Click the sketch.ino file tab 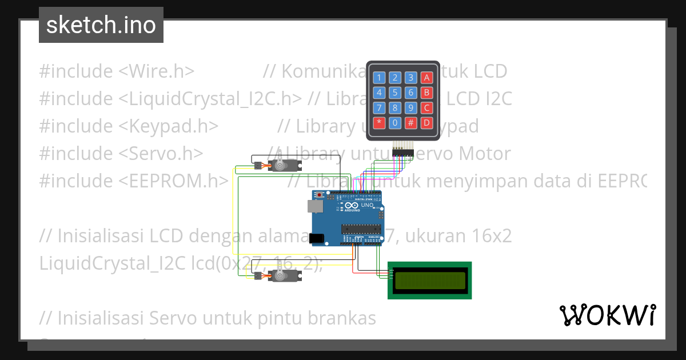click(x=101, y=25)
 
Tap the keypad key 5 click(x=395, y=93)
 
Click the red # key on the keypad click(x=410, y=122)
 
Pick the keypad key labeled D click(x=426, y=122)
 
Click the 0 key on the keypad click(x=395, y=122)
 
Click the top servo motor click(x=282, y=165)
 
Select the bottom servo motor click(x=281, y=276)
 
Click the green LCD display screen click(x=430, y=280)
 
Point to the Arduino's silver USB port click(x=315, y=206)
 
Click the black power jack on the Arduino click(x=316, y=238)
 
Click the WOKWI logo click(x=607, y=315)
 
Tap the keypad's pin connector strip click(x=403, y=151)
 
